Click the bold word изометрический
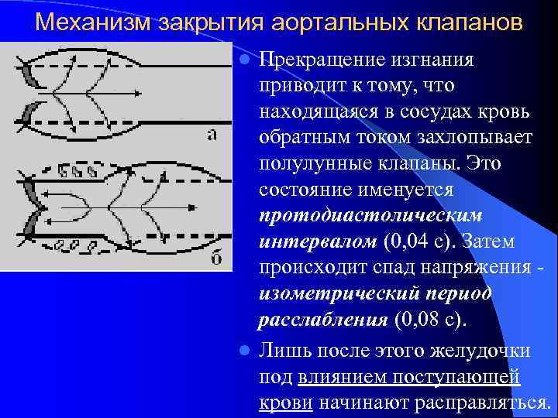point(343,293)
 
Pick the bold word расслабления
point(323,319)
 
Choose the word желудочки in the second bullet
point(484,351)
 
